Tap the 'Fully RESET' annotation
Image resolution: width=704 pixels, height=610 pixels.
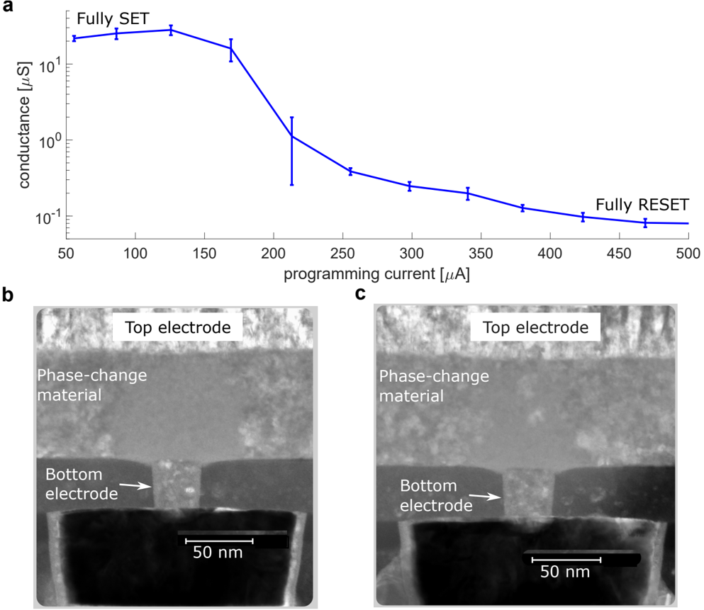(642, 205)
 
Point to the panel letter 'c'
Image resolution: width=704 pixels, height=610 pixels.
(361, 293)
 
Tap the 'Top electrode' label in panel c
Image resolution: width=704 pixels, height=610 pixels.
(535, 327)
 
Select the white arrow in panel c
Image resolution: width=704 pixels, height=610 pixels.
(488, 497)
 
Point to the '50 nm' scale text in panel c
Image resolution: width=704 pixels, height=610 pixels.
(565, 571)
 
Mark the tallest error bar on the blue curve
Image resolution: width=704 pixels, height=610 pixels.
(291, 151)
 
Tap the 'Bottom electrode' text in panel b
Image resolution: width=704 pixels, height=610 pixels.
(82, 483)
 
